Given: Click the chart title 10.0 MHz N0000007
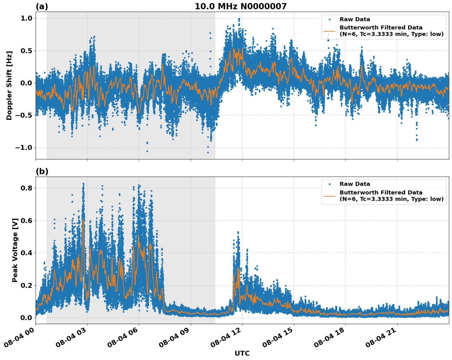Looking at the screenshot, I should (x=240, y=6).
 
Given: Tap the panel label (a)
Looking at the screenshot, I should (x=42, y=6).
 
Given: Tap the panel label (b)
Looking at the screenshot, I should (x=42, y=171).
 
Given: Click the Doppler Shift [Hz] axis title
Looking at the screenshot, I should (x=9, y=85).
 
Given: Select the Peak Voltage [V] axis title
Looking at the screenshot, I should (x=15, y=250).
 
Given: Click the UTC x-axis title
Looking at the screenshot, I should (x=242, y=353).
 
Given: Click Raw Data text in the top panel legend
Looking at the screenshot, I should (x=355, y=19).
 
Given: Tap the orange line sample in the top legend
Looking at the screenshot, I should (x=329, y=31).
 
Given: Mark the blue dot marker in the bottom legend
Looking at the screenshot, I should (x=329, y=184).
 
